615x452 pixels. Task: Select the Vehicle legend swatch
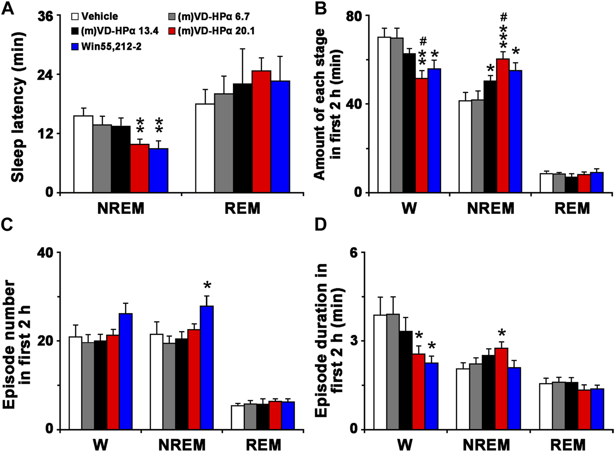pyautogui.click(x=75, y=17)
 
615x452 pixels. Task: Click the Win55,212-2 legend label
pyautogui.click(x=111, y=46)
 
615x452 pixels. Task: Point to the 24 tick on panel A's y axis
pyautogui.click(x=44, y=75)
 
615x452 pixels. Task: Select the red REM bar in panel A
pyautogui.click(x=261, y=132)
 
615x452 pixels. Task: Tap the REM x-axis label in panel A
pyautogui.click(x=242, y=208)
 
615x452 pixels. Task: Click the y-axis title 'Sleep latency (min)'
pyautogui.click(x=18, y=105)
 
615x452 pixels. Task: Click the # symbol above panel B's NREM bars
pyautogui.click(x=504, y=17)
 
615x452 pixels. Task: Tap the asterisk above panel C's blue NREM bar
pyautogui.click(x=207, y=286)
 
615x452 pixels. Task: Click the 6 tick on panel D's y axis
pyautogui.click(x=355, y=253)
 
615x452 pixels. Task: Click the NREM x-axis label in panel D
pyautogui.click(x=486, y=445)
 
